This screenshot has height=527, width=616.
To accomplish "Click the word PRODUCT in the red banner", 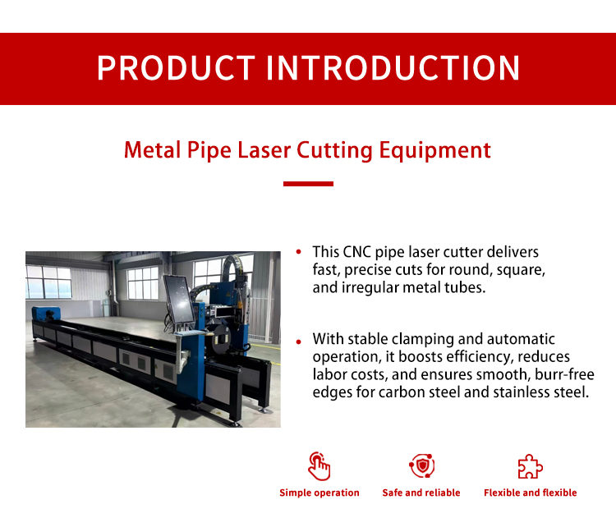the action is pos(176,68).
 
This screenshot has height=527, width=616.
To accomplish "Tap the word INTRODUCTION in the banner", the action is pos(393,68).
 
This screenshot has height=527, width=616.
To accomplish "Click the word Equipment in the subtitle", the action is pos(434,151).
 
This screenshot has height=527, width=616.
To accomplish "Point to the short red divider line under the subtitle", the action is pos(308,184).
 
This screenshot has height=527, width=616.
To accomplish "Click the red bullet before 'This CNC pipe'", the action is pos(299,252).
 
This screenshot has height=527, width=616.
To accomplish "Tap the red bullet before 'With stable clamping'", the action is pos(299,341).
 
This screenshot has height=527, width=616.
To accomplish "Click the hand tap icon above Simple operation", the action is pos(319,466).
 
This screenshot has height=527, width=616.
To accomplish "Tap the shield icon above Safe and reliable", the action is pos(421,465).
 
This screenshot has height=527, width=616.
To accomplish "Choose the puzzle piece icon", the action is pos(531,466).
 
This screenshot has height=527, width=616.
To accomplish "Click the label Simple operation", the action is pos(319,493).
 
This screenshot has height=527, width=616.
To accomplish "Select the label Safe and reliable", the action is pos(421,493).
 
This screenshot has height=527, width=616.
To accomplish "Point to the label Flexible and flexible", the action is pos(531,493).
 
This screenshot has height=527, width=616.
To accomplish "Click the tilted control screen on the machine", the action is pos(179,300).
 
